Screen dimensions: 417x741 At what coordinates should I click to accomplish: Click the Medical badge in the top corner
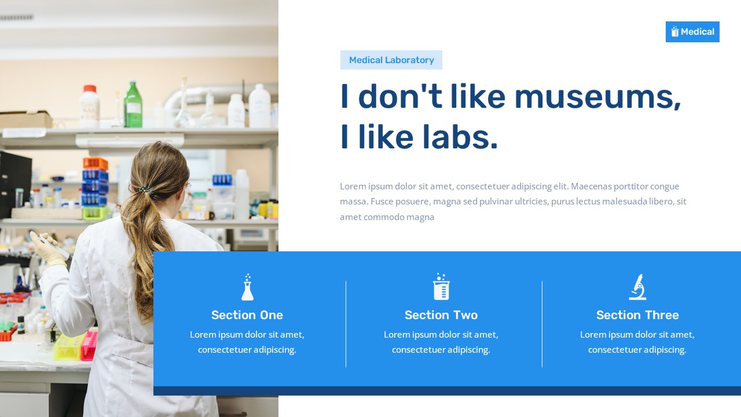(x=692, y=32)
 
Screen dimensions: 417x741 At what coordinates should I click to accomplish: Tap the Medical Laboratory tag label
(x=391, y=60)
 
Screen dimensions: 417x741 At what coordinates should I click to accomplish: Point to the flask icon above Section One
(x=247, y=287)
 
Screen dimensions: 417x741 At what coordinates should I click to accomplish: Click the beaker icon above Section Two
(x=441, y=287)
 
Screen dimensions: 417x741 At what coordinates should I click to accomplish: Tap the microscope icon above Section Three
(x=637, y=287)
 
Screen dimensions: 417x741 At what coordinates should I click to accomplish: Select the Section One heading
(x=247, y=315)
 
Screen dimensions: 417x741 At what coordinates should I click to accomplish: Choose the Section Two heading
(x=441, y=315)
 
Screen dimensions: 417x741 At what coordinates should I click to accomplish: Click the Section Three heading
(x=637, y=315)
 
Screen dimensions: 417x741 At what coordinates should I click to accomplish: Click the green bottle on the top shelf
(x=133, y=105)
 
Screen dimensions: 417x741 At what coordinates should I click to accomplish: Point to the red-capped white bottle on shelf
(x=89, y=107)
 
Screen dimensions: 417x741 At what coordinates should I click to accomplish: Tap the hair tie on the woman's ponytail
(x=144, y=189)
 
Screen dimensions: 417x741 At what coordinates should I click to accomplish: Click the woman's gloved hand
(x=47, y=248)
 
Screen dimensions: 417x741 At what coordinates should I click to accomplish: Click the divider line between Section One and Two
(x=346, y=324)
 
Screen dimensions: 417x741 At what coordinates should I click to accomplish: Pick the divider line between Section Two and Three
(x=542, y=324)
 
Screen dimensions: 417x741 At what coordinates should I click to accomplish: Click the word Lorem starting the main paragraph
(x=353, y=186)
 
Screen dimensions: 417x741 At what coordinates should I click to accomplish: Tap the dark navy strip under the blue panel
(x=447, y=391)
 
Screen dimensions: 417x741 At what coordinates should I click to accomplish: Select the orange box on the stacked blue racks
(x=95, y=163)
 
